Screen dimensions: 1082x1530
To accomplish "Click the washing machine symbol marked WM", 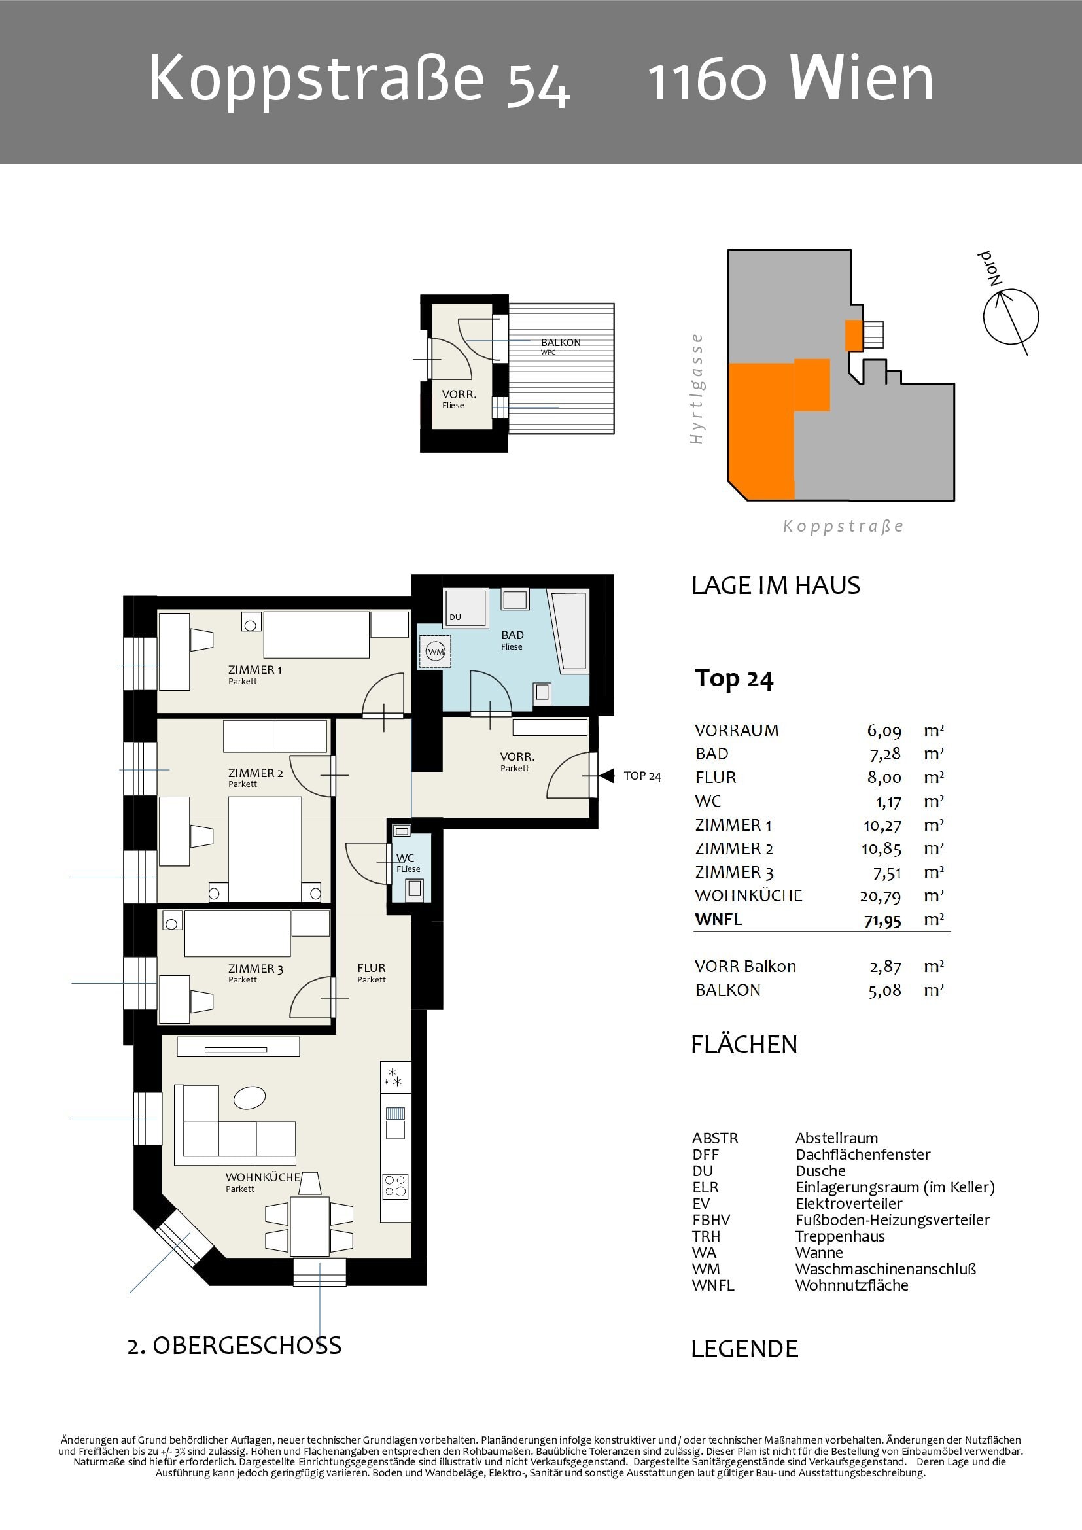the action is [x=435, y=651].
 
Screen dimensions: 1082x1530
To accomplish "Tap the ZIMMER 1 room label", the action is [x=254, y=670].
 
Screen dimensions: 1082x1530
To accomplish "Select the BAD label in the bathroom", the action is [x=512, y=635].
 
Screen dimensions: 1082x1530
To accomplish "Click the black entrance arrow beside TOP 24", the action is [x=606, y=776].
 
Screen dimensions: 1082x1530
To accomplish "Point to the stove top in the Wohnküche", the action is [x=395, y=1186].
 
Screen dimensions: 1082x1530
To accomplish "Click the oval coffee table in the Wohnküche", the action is [x=250, y=1098].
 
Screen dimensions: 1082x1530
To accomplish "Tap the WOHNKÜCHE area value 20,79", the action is [x=880, y=896].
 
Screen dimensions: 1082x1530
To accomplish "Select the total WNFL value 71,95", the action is [x=882, y=920].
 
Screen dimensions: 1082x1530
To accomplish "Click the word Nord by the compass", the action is [x=990, y=268].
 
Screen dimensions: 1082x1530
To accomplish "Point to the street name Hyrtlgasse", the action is [x=696, y=389].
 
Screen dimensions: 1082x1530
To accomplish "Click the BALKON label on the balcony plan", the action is [x=561, y=343].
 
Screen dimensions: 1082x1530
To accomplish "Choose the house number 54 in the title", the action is [x=538, y=84].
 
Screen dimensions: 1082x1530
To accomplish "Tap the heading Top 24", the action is [x=733, y=678].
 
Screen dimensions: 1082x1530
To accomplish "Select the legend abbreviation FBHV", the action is [x=711, y=1220].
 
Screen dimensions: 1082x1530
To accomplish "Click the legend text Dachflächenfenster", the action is [x=863, y=1155].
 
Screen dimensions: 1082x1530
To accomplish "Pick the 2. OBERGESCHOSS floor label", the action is [x=235, y=1346].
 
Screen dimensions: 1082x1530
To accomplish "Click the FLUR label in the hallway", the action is [x=371, y=968].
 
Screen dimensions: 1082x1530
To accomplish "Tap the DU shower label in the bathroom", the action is [x=455, y=617].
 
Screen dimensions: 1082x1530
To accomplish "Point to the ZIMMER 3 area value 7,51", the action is [x=887, y=873].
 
